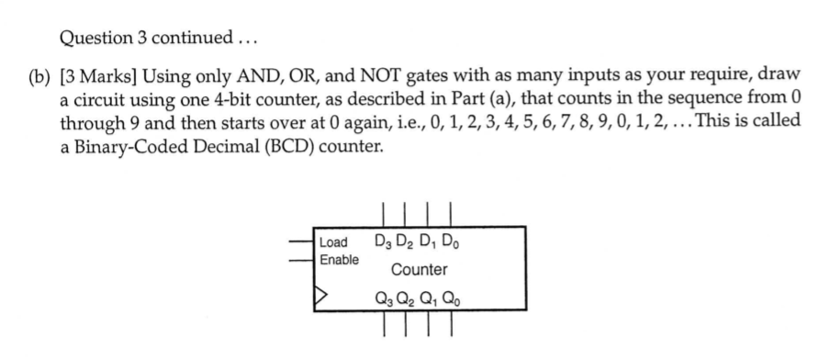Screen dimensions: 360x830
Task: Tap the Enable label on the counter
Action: coord(336,260)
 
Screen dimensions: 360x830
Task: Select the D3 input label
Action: coord(385,243)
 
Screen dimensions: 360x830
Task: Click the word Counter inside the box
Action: coord(420,270)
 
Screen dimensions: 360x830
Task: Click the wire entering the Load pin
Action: coord(301,242)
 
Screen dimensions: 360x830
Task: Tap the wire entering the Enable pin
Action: coord(301,259)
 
